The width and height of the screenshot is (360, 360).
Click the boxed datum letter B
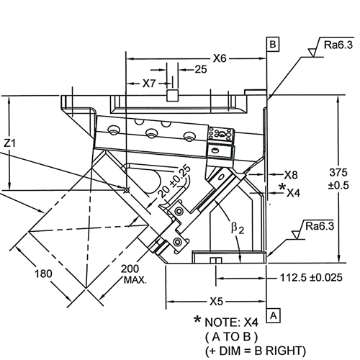[x=273, y=44]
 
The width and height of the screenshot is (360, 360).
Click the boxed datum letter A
[x=274, y=315]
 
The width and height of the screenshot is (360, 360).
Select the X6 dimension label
[x=220, y=58]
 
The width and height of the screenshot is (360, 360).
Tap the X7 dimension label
[x=149, y=84]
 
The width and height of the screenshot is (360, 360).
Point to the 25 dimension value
[x=201, y=69]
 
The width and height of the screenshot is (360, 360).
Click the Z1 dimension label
[x=9, y=143]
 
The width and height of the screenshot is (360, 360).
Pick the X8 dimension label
[x=291, y=175]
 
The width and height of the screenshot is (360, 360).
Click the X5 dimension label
[x=216, y=302]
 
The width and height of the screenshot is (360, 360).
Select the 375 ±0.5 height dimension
[x=338, y=179]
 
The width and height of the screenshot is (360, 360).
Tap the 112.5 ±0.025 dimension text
[x=311, y=278]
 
